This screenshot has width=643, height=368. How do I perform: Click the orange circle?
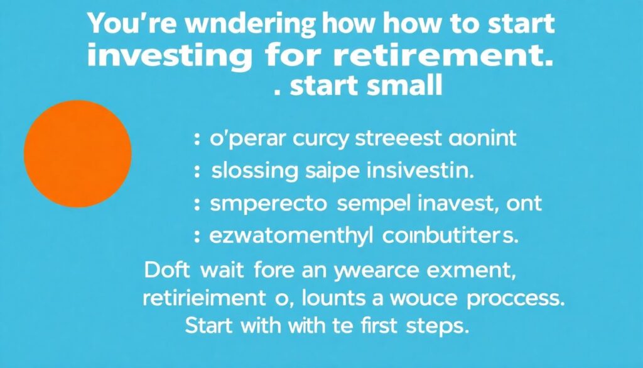point(77,153)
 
